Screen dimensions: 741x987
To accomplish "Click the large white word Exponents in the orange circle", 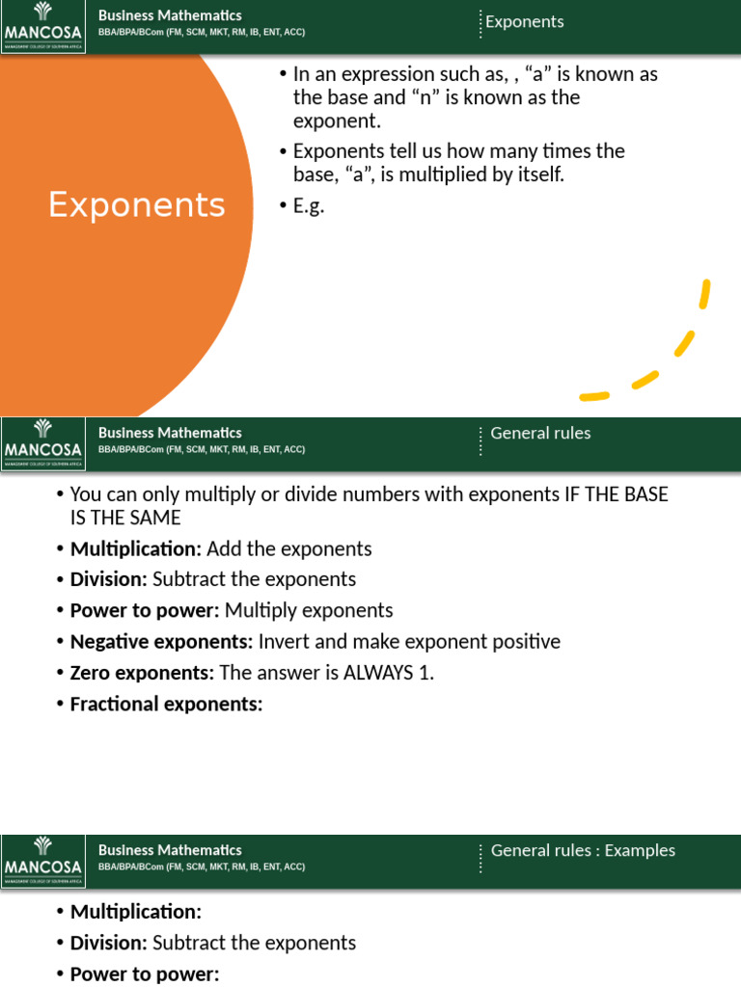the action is [137, 204].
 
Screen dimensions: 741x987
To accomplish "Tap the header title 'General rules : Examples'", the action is [583, 850].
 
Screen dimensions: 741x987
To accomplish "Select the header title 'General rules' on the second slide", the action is [540, 433].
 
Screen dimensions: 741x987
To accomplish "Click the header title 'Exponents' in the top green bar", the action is [524, 22].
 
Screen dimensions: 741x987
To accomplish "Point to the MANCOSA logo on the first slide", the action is [42, 27].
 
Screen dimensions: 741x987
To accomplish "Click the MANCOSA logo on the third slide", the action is [42, 862].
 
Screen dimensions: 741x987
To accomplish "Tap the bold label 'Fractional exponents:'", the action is [166, 704].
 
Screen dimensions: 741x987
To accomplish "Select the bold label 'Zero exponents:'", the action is [143, 673].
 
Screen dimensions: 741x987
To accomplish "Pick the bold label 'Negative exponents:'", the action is [161, 642].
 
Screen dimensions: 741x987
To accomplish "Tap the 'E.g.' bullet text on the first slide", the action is [309, 206].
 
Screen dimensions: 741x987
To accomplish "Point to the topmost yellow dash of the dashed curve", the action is [705, 294].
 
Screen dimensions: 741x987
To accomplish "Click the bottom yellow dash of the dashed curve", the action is [594, 396].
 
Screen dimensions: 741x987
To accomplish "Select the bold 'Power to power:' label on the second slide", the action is [145, 610].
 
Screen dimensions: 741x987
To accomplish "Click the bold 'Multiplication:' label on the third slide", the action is [135, 912].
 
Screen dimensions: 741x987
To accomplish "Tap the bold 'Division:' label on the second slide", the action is [108, 579].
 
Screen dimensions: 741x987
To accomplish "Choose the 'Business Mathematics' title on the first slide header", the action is [170, 15].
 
